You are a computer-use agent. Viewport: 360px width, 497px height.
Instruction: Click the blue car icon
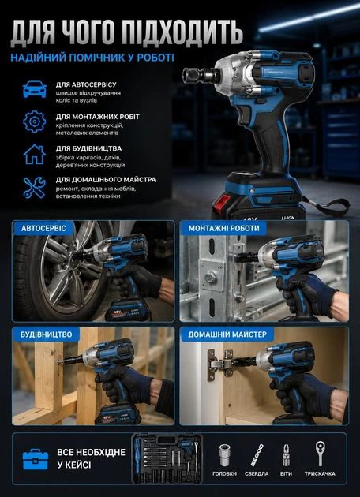pos(35,89)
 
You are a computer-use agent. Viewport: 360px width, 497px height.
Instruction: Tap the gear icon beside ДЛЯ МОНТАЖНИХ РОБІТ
pos(35,121)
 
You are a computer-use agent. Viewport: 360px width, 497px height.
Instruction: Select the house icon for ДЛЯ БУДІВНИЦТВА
pos(35,155)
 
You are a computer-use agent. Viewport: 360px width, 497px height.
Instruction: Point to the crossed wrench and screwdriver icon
pos(35,188)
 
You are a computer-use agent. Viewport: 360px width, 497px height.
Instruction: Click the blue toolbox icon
pos(36,460)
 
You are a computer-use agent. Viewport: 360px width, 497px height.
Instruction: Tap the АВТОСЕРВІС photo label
pos(43,228)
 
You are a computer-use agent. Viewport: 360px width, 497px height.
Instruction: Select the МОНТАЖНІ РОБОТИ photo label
pos(223,228)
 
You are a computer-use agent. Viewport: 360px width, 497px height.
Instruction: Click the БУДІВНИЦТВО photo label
pos(47,334)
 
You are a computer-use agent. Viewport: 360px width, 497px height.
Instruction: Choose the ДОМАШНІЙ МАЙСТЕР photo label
pos(227,334)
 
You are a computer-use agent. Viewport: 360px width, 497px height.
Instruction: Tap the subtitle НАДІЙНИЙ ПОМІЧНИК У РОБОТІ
pos(92,58)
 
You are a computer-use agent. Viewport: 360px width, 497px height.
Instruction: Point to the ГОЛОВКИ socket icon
pos(224,455)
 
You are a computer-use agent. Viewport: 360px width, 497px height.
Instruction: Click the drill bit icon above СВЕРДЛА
pos(257,455)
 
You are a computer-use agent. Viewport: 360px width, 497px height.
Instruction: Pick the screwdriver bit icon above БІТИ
pos(287,455)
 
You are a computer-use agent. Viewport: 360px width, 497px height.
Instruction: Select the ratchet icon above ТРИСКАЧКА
pos(320,454)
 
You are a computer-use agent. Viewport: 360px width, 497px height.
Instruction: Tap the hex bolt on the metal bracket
pos(212,278)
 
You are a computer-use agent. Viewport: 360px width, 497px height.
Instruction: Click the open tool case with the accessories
pos(167,458)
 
